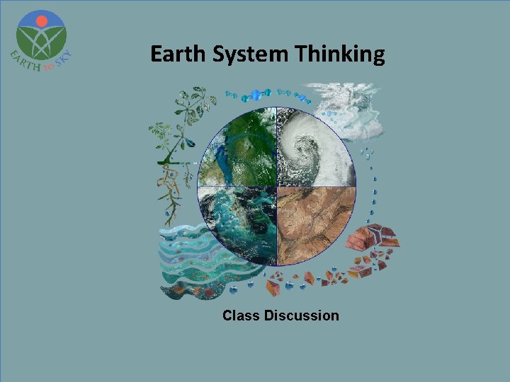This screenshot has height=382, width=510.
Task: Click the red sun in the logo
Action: pyautogui.click(x=41, y=21)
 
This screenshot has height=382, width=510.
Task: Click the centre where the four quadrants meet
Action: pyautogui.click(x=276, y=186)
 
